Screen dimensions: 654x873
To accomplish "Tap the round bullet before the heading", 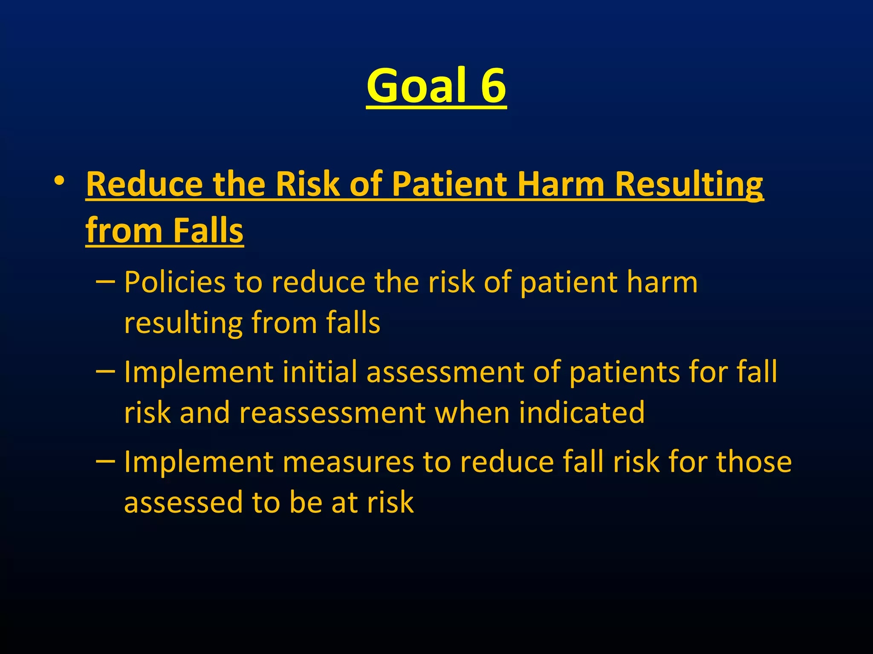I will coord(59,182).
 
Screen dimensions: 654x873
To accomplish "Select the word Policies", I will coord(174,282).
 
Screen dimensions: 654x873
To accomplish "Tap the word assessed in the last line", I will coord(183,502).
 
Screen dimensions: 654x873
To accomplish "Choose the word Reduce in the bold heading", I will coord(144,184).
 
